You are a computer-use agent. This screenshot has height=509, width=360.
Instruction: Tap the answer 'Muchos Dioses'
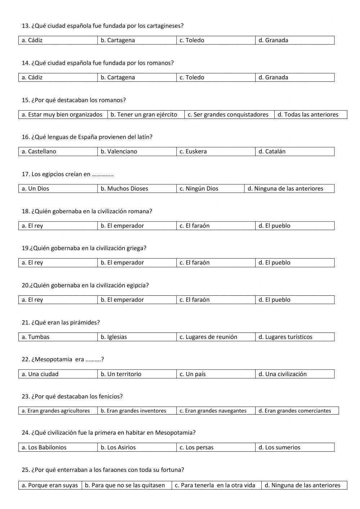point(127,189)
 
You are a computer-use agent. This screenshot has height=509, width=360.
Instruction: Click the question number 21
point(25,323)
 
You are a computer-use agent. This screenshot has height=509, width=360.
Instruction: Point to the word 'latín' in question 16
point(144,137)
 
